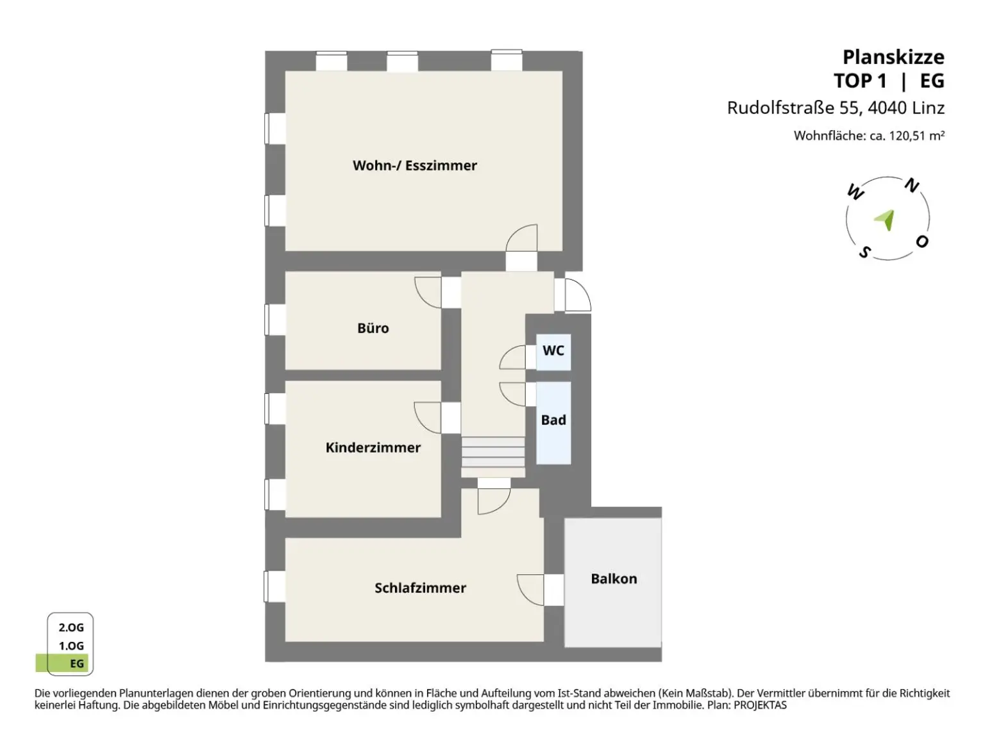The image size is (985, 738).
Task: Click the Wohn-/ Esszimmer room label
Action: [414, 165]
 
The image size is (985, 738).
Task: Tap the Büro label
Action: [373, 328]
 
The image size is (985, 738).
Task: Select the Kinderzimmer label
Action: [373, 447]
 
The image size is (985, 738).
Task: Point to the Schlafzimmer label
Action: [420, 587]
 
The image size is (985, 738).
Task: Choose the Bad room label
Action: [553, 420]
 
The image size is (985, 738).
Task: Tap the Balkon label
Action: [614, 578]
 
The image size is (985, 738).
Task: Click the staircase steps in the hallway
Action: [493, 452]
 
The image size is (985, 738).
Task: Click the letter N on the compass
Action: [911, 185]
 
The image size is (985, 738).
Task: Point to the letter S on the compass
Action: [864, 252]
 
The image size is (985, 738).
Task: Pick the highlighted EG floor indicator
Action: [62, 663]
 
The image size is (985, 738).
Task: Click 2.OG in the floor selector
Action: [71, 627]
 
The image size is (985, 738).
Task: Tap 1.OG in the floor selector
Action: [71, 646]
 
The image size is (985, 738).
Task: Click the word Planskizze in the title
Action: [893, 58]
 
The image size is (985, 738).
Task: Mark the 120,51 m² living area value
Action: [916, 135]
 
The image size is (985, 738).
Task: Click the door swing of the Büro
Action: [428, 293]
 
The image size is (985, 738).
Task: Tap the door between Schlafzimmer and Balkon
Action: [541, 589]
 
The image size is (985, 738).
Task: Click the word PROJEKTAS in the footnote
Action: [760, 705]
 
